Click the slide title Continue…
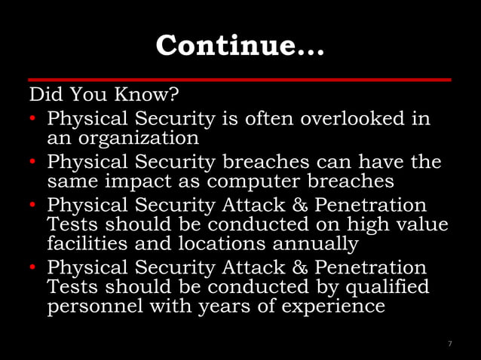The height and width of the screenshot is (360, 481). click(240, 46)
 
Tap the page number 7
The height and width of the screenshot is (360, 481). click(449, 343)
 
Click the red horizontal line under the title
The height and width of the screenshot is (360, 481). click(240, 79)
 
